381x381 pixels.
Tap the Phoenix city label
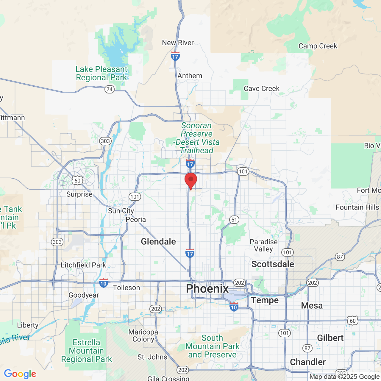[x=207, y=288]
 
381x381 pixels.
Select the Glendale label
[x=158, y=241]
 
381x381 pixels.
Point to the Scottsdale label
[x=273, y=264]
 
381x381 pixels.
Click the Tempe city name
[x=265, y=300]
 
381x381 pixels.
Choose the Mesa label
[x=312, y=305]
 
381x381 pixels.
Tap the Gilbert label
[x=330, y=338]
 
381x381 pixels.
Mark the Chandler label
[x=308, y=362]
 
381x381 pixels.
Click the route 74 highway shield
[x=110, y=89]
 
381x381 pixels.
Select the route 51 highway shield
[x=234, y=220]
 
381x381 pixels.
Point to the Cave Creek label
[x=262, y=88]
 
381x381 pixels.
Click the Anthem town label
[x=190, y=76]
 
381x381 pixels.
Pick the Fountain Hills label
[x=357, y=207]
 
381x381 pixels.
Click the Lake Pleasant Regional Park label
[x=102, y=73]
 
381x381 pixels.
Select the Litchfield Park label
[x=83, y=265]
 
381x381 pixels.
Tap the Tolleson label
[x=127, y=288]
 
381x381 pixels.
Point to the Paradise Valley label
[x=264, y=245]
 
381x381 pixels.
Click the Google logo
[x=20, y=374]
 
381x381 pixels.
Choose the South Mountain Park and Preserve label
[x=212, y=346]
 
